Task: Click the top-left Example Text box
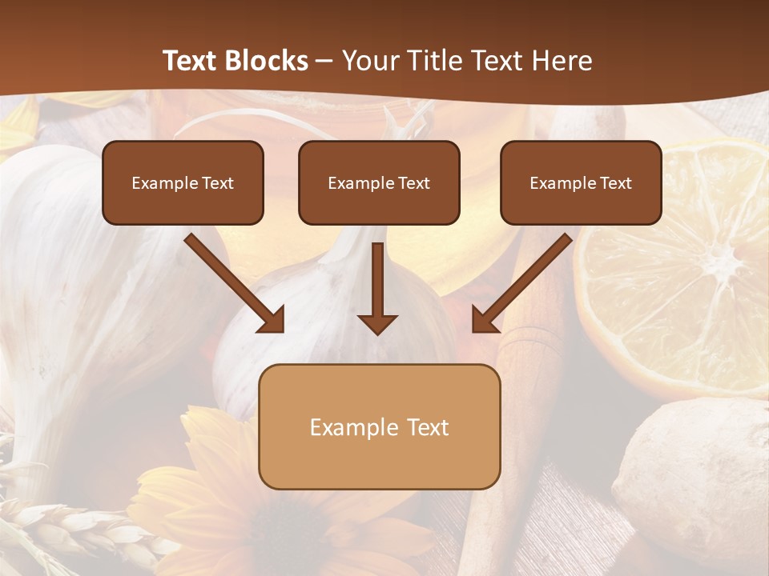183,182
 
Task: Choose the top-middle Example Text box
379,182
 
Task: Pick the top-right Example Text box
581,182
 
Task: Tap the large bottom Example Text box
379,426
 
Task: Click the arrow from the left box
236,284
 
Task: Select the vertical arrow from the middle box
377,288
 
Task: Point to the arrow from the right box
521,284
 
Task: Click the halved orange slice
681,272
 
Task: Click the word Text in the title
192,61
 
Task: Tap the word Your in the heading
369,61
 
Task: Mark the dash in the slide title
324,61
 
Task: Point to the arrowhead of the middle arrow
377,324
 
